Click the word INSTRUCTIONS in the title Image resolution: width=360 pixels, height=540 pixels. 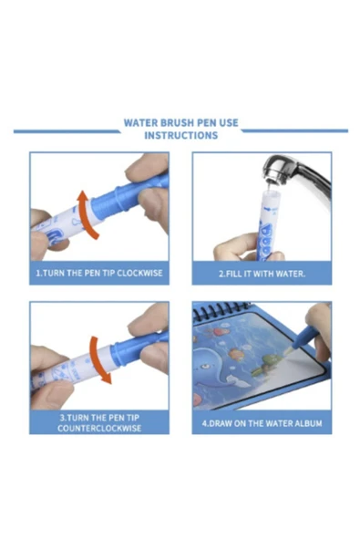coord(181,135)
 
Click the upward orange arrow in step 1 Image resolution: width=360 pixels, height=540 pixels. coord(85,213)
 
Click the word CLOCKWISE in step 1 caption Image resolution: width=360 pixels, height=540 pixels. coord(139,273)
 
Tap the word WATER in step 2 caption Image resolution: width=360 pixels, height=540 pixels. coord(291,275)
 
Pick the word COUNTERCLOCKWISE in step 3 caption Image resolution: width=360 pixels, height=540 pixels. coord(99,428)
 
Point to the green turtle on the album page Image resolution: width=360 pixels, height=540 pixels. coord(266,366)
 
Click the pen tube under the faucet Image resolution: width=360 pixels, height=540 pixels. coord(267,223)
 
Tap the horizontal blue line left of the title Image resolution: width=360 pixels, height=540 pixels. coord(67,131)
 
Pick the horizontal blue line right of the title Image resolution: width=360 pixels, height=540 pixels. coord(294,130)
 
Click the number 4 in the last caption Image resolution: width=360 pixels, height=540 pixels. coord(204,423)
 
